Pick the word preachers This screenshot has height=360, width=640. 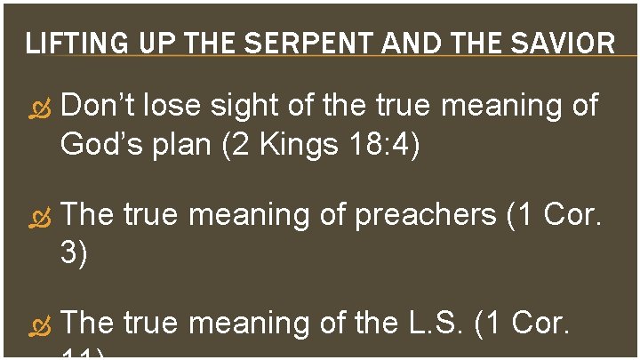pos(425,216)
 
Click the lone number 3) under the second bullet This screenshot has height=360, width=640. pos(73,254)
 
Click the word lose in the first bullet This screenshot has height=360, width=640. pos(173,106)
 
